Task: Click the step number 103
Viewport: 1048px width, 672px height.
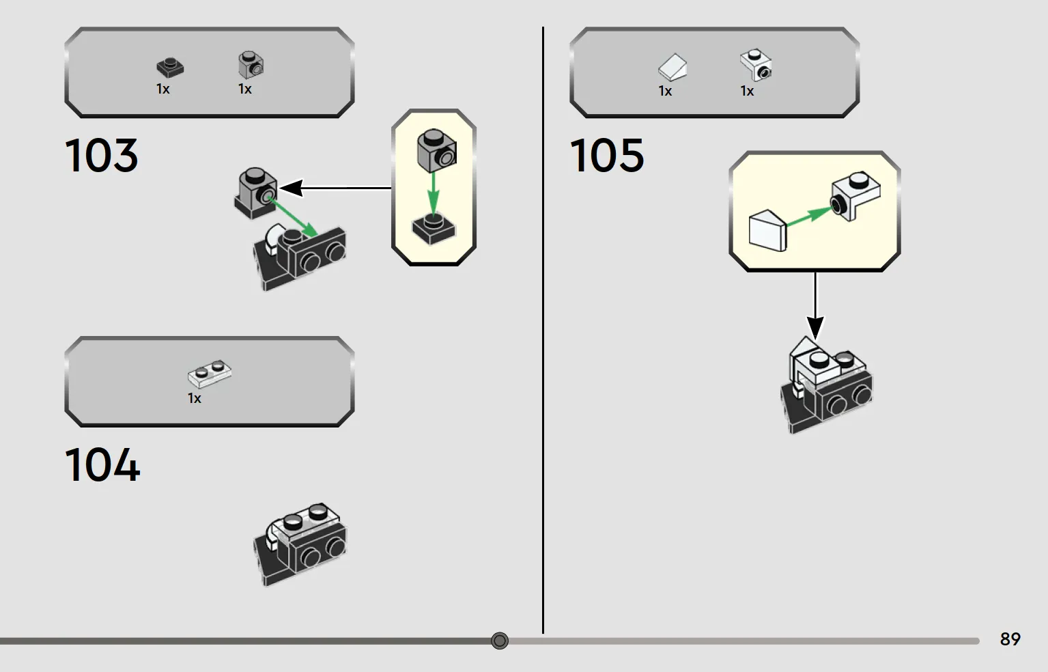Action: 101,155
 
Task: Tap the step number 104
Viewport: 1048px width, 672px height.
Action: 102,464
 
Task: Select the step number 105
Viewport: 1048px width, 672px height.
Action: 607,155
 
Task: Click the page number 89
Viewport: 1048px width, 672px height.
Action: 1010,639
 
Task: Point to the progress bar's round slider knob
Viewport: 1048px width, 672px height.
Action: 500,640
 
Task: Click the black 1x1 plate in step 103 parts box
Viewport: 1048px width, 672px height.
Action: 170,68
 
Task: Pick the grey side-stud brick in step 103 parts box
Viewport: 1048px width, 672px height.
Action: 251,65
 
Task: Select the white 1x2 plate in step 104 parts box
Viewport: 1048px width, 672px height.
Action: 210,374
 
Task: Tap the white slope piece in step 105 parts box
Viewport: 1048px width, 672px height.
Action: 672,67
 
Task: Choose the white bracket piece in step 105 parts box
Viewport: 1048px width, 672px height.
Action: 756,65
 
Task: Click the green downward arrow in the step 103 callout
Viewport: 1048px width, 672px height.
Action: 434,194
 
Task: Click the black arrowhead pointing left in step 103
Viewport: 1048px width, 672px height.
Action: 291,188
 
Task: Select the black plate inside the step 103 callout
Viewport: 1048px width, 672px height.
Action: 434,229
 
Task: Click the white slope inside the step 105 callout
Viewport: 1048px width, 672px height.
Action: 768,232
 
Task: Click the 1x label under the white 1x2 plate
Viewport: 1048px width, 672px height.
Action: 194,398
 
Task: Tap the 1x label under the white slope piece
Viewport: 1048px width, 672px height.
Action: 665,91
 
